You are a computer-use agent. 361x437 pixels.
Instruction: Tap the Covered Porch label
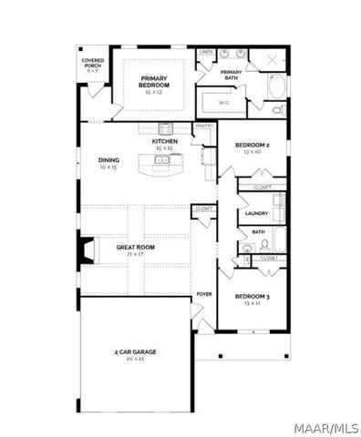(x=93, y=65)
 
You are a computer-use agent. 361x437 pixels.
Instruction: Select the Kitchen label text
(x=165, y=142)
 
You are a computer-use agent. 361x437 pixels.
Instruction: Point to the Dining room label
(x=108, y=160)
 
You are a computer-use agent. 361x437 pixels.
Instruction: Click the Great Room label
(x=135, y=246)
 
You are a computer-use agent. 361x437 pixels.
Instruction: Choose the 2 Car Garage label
(x=135, y=351)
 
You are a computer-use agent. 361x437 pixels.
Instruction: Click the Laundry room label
(x=256, y=213)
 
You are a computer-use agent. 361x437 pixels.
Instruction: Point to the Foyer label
(x=204, y=294)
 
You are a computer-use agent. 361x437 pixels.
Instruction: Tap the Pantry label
(x=204, y=127)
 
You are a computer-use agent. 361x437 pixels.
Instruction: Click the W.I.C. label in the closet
(x=224, y=102)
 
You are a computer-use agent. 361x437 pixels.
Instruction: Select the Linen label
(x=206, y=53)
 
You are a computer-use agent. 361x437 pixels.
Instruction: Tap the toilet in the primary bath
(x=278, y=110)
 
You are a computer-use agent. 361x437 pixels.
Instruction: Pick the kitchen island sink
(x=161, y=161)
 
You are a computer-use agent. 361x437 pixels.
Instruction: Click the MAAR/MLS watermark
(x=329, y=424)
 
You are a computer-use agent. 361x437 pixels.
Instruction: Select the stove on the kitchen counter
(x=166, y=127)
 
